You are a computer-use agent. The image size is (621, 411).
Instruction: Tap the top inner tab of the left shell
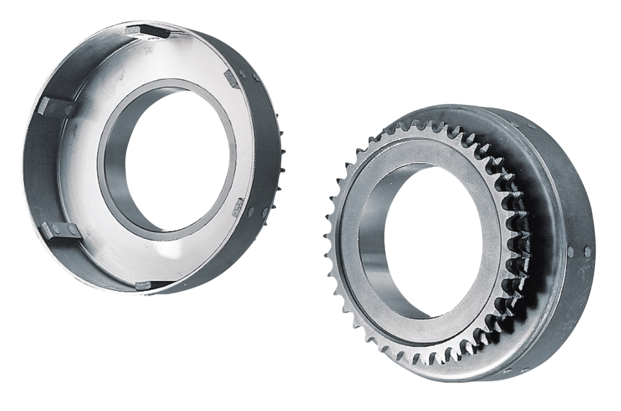tap(147, 32)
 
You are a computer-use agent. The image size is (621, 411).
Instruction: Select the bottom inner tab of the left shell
tap(144, 284)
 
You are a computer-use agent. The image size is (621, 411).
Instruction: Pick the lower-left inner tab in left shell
tap(59, 229)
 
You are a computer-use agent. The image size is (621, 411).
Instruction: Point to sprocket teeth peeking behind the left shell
tap(280, 145)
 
